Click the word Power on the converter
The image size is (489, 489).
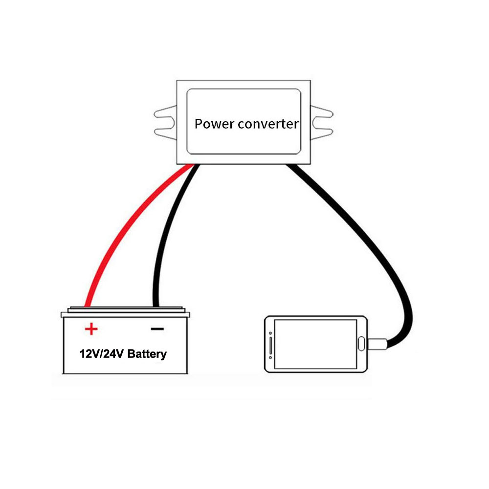214,124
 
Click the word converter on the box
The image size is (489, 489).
268,124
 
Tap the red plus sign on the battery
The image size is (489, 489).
91,329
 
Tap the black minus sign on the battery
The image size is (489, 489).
157,329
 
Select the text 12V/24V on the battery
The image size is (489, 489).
102,354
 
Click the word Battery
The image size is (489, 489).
147,355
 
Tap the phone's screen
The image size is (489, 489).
315,344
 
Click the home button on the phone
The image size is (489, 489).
361,344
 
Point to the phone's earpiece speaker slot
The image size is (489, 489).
270,345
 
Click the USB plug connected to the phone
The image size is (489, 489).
378,344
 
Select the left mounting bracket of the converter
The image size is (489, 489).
165,123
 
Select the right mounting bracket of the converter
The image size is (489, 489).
322,123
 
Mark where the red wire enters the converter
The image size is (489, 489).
190,165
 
